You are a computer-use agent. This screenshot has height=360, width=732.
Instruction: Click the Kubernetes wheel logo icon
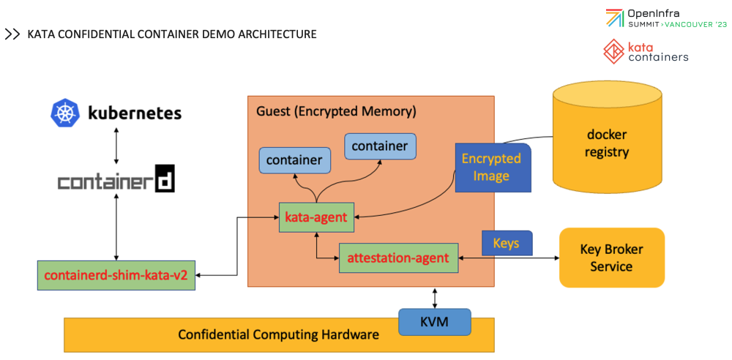(x=64, y=113)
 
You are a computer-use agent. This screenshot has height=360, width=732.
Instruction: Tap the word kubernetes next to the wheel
(x=134, y=113)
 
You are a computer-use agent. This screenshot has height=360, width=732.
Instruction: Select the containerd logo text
(x=116, y=178)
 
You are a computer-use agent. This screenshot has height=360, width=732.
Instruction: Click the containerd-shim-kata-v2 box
(x=116, y=275)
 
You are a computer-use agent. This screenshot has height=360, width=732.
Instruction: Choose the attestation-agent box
(x=398, y=258)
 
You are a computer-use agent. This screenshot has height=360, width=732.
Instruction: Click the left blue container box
(x=294, y=160)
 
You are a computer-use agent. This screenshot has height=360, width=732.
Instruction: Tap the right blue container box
(x=380, y=146)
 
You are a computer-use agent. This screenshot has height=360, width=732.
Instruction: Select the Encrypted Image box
(x=491, y=168)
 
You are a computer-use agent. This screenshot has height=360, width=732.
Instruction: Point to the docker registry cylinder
(x=607, y=143)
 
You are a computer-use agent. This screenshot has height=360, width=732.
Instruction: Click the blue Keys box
(x=507, y=243)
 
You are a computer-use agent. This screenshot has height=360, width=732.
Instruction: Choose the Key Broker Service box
(x=611, y=258)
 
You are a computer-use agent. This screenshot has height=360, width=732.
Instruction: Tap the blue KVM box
(x=434, y=321)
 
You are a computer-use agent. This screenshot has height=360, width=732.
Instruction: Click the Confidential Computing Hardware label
(x=279, y=334)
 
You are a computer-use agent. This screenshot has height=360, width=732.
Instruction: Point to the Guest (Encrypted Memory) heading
(x=336, y=111)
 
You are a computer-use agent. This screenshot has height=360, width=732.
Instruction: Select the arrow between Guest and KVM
(x=436, y=297)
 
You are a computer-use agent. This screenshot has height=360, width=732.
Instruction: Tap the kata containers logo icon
(x=613, y=51)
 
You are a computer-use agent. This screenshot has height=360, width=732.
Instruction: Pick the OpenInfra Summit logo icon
(x=614, y=18)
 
